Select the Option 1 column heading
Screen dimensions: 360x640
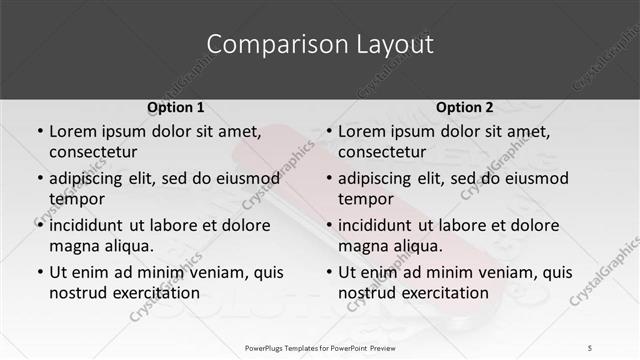click(175, 107)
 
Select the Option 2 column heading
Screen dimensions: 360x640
click(464, 107)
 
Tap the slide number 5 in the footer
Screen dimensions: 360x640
click(591, 347)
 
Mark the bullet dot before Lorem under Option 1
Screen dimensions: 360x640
click(39, 132)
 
